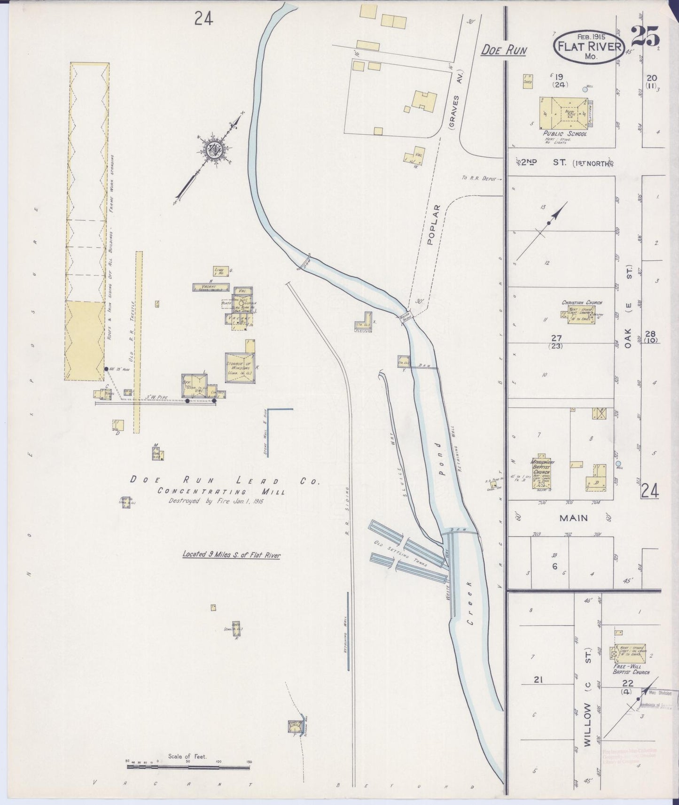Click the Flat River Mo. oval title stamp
(x=589, y=46)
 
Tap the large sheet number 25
(x=645, y=36)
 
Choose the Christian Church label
(x=582, y=303)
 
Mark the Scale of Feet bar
(x=188, y=767)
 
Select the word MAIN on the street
(x=573, y=518)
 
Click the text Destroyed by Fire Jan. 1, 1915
(x=217, y=501)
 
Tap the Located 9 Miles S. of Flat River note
(x=231, y=555)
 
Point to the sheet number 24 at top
(x=203, y=19)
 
